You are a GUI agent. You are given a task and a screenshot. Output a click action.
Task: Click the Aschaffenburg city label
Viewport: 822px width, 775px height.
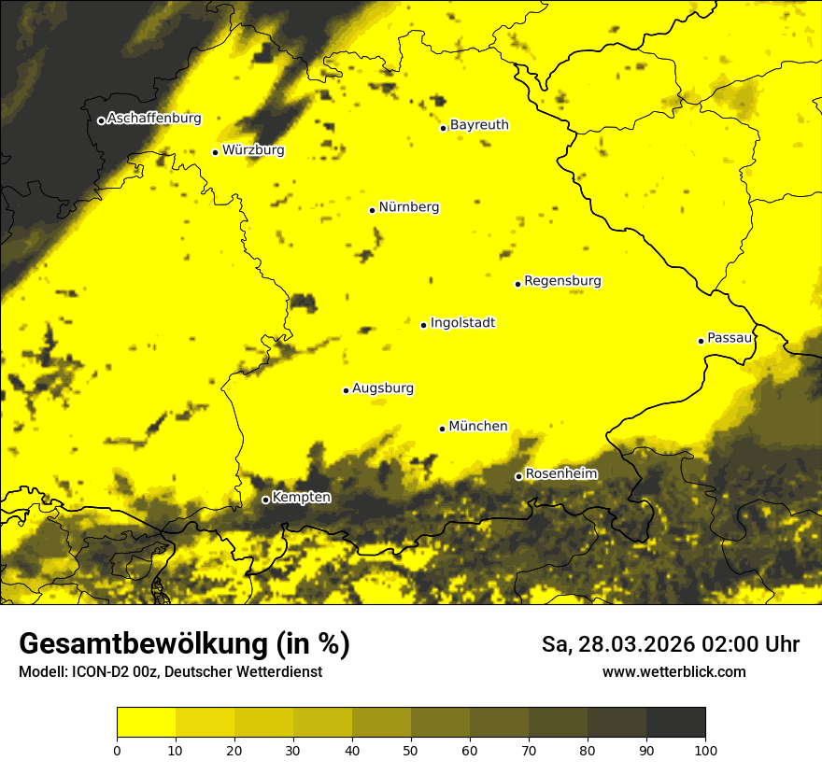point(154,119)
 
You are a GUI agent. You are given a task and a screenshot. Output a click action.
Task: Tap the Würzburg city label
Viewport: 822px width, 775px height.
point(253,150)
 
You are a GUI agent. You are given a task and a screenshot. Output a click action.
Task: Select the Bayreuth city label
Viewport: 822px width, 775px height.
point(479,125)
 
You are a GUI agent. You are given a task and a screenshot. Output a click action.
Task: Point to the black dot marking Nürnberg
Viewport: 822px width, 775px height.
point(372,210)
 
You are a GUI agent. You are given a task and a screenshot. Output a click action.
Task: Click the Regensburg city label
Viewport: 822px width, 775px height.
point(562,281)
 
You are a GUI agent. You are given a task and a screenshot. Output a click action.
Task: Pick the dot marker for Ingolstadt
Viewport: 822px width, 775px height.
point(423,325)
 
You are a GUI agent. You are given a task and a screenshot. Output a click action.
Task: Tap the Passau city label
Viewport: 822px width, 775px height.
point(730,338)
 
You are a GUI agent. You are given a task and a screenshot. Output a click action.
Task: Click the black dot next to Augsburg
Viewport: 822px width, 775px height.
point(346,390)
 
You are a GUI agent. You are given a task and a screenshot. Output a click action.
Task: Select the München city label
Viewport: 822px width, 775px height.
point(478,427)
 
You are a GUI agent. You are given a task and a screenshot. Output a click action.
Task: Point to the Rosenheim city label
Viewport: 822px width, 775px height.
point(561,474)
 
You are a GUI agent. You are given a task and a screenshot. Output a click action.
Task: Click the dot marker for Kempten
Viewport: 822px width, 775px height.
point(265,500)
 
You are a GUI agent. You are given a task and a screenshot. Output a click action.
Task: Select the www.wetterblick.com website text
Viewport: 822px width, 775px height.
point(673,672)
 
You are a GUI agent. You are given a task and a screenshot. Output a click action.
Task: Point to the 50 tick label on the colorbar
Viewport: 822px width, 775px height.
point(411,749)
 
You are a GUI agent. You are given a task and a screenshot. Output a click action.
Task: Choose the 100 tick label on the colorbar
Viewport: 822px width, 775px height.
point(705,749)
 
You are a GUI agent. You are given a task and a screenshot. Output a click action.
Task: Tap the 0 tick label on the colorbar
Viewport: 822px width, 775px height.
point(117,749)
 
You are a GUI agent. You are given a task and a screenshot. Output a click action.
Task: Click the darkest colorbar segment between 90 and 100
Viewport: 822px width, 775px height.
point(675,723)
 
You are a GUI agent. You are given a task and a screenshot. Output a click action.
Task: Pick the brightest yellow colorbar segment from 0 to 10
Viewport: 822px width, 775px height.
point(147,723)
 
